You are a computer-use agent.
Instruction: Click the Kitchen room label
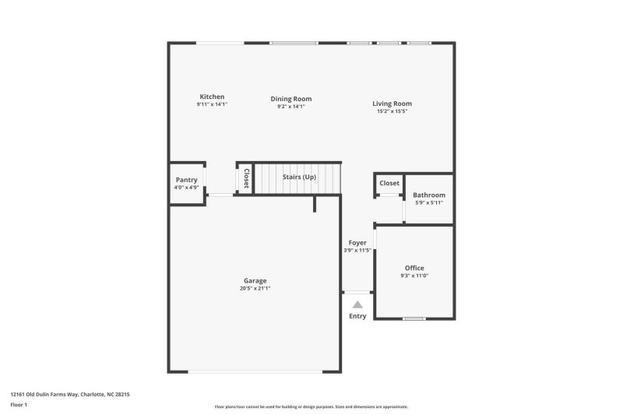(x=212, y=97)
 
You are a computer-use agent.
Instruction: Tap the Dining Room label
(x=291, y=99)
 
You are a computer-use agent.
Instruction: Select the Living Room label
(x=392, y=104)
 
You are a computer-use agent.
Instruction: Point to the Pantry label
(x=187, y=180)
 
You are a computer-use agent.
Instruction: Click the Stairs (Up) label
(x=299, y=178)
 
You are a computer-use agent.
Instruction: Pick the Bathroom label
(x=429, y=195)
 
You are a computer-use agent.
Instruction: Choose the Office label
(x=414, y=268)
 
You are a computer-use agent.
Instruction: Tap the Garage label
(x=255, y=280)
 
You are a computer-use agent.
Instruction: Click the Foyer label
(x=357, y=243)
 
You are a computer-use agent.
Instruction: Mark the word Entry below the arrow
(x=357, y=316)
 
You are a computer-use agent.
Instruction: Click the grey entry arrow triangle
(x=357, y=305)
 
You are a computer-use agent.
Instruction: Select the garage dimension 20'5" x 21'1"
(x=255, y=288)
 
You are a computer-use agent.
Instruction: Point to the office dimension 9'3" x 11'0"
(x=414, y=276)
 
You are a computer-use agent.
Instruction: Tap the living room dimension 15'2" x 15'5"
(x=392, y=111)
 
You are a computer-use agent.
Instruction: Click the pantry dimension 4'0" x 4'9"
(x=187, y=187)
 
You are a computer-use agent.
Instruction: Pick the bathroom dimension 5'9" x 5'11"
(x=429, y=202)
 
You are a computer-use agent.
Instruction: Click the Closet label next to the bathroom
(x=389, y=183)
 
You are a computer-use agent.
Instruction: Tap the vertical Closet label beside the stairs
(x=246, y=178)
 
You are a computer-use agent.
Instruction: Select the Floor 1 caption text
(x=18, y=405)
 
